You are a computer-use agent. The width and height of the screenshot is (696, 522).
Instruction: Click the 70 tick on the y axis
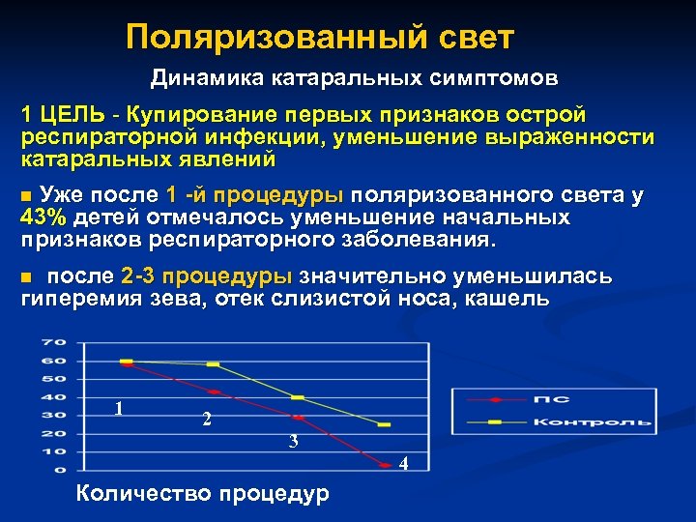pyautogui.click(x=52, y=343)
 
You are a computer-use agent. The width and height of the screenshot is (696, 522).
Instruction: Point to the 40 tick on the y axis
pyautogui.click(x=52, y=397)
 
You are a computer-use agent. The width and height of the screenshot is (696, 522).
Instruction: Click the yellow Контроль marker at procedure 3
pyautogui.click(x=298, y=397)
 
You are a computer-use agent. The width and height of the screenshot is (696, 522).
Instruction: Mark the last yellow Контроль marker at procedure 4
pyautogui.click(x=385, y=424)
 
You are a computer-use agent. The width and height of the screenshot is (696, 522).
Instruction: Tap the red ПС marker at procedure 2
pyautogui.click(x=213, y=391)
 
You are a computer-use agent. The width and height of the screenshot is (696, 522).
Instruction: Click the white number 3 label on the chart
pyautogui.click(x=293, y=442)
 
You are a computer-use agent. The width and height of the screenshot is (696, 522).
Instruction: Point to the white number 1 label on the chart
pyautogui.click(x=118, y=408)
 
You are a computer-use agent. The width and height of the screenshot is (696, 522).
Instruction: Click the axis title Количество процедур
pyautogui.click(x=201, y=494)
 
